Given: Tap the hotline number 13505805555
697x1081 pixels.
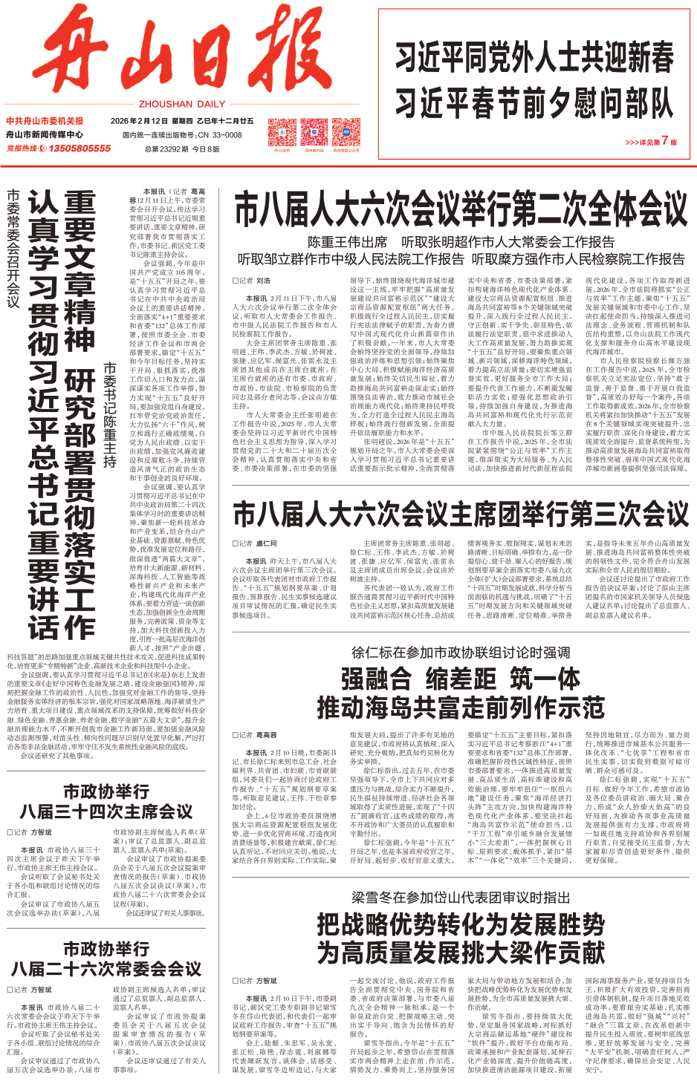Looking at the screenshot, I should pos(80,148).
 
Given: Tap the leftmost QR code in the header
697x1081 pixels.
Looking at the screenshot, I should pos(282,131).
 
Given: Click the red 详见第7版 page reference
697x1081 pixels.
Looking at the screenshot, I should pos(651,141).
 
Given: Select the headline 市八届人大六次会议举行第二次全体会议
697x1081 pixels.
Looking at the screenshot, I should pos(461,210).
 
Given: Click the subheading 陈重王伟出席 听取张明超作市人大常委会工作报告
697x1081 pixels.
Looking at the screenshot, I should pos(461,242).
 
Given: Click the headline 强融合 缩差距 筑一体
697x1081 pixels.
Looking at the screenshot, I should pos(461,679).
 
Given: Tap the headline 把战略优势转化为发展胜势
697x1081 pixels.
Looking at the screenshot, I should pos(461,924).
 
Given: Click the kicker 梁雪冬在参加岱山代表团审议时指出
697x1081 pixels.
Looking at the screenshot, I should pos(461,897).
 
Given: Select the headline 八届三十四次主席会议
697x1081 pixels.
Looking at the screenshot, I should pos(106,811).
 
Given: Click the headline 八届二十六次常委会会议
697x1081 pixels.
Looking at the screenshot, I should pos(106,968).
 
